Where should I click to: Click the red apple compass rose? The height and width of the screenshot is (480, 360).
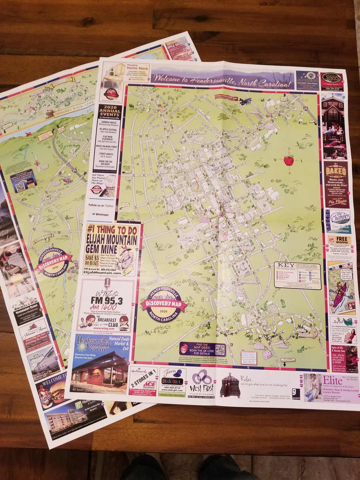point(288,161)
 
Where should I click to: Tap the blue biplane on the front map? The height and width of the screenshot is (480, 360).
point(245,101)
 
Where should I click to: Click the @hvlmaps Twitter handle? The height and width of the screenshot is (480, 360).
point(104,214)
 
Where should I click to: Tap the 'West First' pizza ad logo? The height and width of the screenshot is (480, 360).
point(202,382)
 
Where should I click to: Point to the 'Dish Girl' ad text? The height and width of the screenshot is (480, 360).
point(172,380)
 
